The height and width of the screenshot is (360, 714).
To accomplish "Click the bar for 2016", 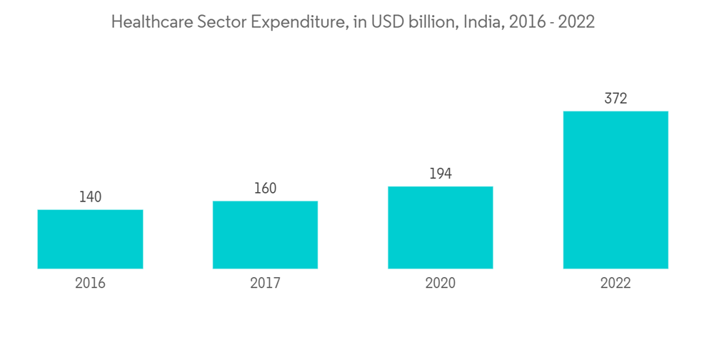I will (90, 239).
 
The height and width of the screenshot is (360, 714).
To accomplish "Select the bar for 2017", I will (265, 235).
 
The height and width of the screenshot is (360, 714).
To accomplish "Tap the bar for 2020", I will (441, 228).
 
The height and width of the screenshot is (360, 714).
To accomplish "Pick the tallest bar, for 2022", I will (615, 190).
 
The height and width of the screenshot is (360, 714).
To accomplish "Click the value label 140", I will (90, 197).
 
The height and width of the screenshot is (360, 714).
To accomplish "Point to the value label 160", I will (265, 189).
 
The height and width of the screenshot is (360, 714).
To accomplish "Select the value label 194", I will (441, 174).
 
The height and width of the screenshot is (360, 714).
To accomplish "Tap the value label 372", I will (615, 99).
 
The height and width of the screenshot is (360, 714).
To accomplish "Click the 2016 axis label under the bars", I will (90, 284).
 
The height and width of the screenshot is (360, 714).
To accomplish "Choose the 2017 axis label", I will (265, 284).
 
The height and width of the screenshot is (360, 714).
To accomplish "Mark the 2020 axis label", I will (441, 284).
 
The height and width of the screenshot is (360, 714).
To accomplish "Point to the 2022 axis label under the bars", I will (615, 284).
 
